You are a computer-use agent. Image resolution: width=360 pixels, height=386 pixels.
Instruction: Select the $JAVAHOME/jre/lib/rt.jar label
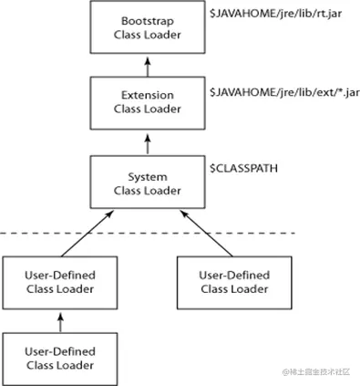[x=269, y=16]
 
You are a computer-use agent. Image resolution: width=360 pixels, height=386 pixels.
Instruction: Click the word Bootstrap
[x=147, y=20]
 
